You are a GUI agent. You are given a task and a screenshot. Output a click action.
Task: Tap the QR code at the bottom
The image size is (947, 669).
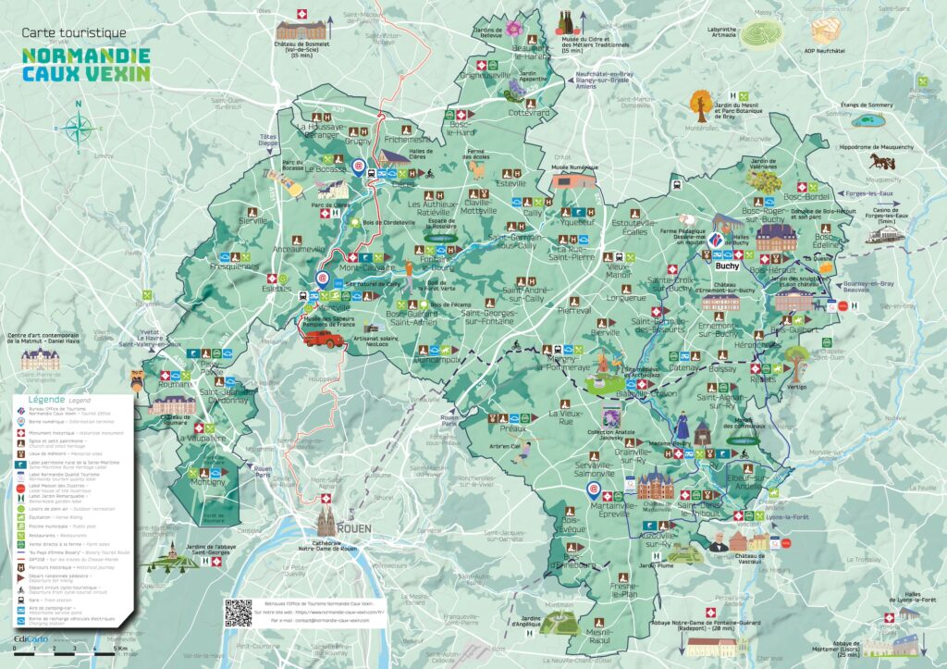(238, 613)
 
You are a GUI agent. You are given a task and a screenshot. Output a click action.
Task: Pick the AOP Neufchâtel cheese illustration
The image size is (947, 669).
(825, 28)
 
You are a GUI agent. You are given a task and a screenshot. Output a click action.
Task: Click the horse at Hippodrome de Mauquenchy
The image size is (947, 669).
(876, 163)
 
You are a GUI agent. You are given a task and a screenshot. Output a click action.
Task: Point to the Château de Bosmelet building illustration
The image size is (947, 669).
(301, 29)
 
